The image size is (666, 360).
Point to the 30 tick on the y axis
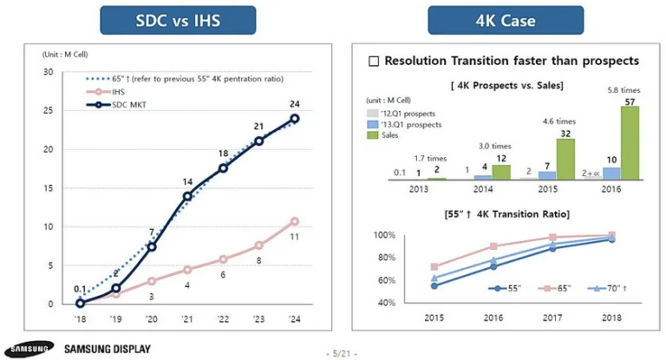49,72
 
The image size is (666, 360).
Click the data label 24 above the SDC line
295,105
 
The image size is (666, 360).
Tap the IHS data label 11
295,237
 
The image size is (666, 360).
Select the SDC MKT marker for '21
186,196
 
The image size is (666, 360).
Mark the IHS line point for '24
295,221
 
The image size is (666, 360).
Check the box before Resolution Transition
374,62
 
